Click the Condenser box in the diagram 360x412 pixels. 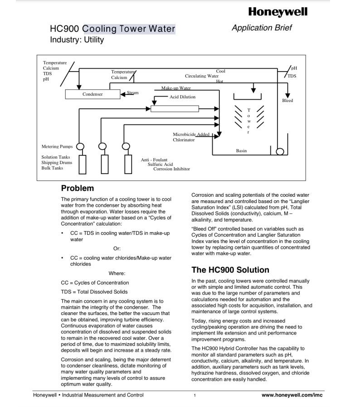[x=92, y=94]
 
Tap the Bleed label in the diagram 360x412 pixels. [x=287, y=101]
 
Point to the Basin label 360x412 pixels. [x=241, y=150]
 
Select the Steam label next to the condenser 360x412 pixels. [x=132, y=92]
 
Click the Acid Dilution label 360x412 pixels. [x=183, y=97]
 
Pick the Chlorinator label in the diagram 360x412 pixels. [x=184, y=140]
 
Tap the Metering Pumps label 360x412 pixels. [x=57, y=147]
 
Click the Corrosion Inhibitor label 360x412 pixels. [x=171, y=169]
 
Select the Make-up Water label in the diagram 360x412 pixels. [x=176, y=88]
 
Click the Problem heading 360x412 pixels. [x=78, y=188]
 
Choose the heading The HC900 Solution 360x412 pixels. [x=230, y=270]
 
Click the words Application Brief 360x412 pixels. [x=262, y=28]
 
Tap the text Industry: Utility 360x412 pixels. [x=77, y=40]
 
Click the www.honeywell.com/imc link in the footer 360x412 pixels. [x=292, y=395]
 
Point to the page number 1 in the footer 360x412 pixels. [x=195, y=396]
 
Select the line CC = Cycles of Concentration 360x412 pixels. [x=95, y=283]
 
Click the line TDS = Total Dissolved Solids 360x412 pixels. [x=94, y=292]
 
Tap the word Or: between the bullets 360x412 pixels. [x=117, y=248]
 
